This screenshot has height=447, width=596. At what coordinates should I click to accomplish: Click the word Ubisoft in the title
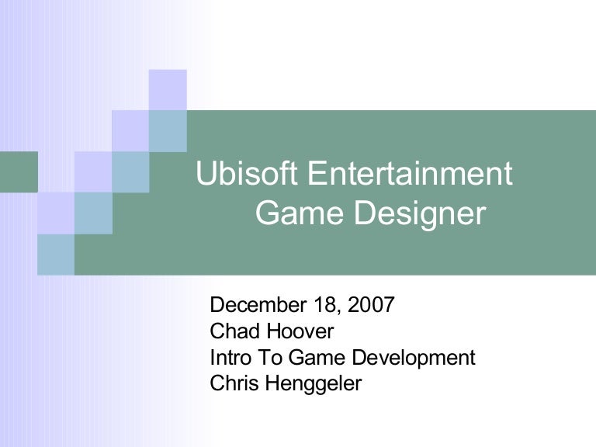246,173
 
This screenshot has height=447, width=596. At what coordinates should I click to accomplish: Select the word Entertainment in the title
410,173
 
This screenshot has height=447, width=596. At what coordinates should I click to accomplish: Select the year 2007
371,305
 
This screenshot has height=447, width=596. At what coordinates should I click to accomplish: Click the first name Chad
234,331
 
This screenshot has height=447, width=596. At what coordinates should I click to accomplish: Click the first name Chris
234,383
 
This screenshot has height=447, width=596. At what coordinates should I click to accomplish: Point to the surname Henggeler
314,384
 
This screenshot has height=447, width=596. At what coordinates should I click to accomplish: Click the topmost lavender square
168,90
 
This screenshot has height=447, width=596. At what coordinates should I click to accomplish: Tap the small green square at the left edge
19,172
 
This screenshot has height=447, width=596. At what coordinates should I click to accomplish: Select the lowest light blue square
56,255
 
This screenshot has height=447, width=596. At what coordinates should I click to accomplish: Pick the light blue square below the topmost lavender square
168,131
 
